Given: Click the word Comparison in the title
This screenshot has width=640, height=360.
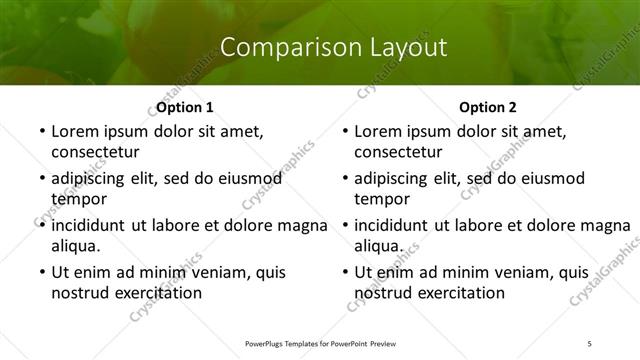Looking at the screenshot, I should pos(278,47).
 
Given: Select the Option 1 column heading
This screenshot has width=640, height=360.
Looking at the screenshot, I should pos(185,106).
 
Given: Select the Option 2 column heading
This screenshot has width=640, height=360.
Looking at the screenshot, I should pos(489,106).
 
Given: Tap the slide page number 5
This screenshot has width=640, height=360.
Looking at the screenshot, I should pos(590,343).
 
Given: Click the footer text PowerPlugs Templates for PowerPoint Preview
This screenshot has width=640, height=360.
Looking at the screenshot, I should pos(319,343).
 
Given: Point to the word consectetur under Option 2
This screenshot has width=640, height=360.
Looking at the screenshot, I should pos(399,152).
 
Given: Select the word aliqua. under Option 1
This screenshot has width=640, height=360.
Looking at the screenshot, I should pos(76,246).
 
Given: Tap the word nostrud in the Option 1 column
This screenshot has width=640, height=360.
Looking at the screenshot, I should pos(82,293).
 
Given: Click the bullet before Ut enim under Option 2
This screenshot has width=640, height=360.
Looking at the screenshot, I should pos(344,272).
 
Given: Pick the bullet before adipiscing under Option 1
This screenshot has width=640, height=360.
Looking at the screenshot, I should pos(40,178).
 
